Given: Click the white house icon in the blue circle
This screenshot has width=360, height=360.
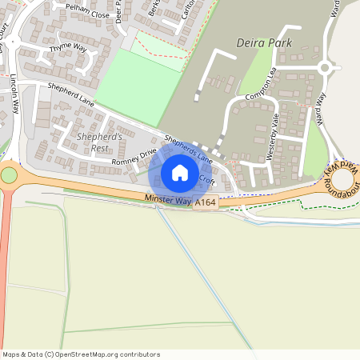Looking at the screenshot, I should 180,173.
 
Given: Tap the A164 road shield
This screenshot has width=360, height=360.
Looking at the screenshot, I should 205,203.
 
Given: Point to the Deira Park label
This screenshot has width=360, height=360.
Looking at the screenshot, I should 265,42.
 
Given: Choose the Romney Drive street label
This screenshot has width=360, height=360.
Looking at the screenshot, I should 134,158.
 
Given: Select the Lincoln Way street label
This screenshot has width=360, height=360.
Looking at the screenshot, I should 15,97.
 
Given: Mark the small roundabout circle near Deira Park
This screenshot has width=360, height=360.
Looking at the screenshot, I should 325,68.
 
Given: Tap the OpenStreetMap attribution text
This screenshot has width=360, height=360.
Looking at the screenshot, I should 80,354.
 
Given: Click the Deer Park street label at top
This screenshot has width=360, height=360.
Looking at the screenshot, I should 118,12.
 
